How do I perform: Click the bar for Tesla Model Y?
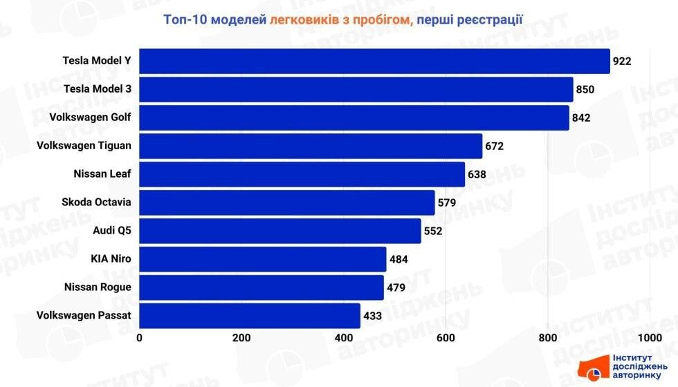click(x=374, y=61)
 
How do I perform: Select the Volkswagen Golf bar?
click(x=354, y=117)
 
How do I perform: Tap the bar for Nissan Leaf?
click(x=302, y=174)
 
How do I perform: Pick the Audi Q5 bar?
click(x=280, y=231)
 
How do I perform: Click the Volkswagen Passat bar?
click(x=250, y=316)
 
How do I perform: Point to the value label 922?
click(x=622, y=62)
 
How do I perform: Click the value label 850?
click(x=585, y=90)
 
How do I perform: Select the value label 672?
click(x=494, y=147)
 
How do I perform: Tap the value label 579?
click(x=447, y=203)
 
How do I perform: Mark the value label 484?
click(x=398, y=260)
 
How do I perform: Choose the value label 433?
click(x=372, y=317)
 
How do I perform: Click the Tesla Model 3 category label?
click(x=97, y=89)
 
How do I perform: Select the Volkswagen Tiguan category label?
click(x=84, y=146)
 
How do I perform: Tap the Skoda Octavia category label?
click(x=96, y=202)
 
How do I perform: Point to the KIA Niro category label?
click(x=111, y=259)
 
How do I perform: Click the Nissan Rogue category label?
click(x=98, y=287)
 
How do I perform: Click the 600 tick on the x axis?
click(x=446, y=338)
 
